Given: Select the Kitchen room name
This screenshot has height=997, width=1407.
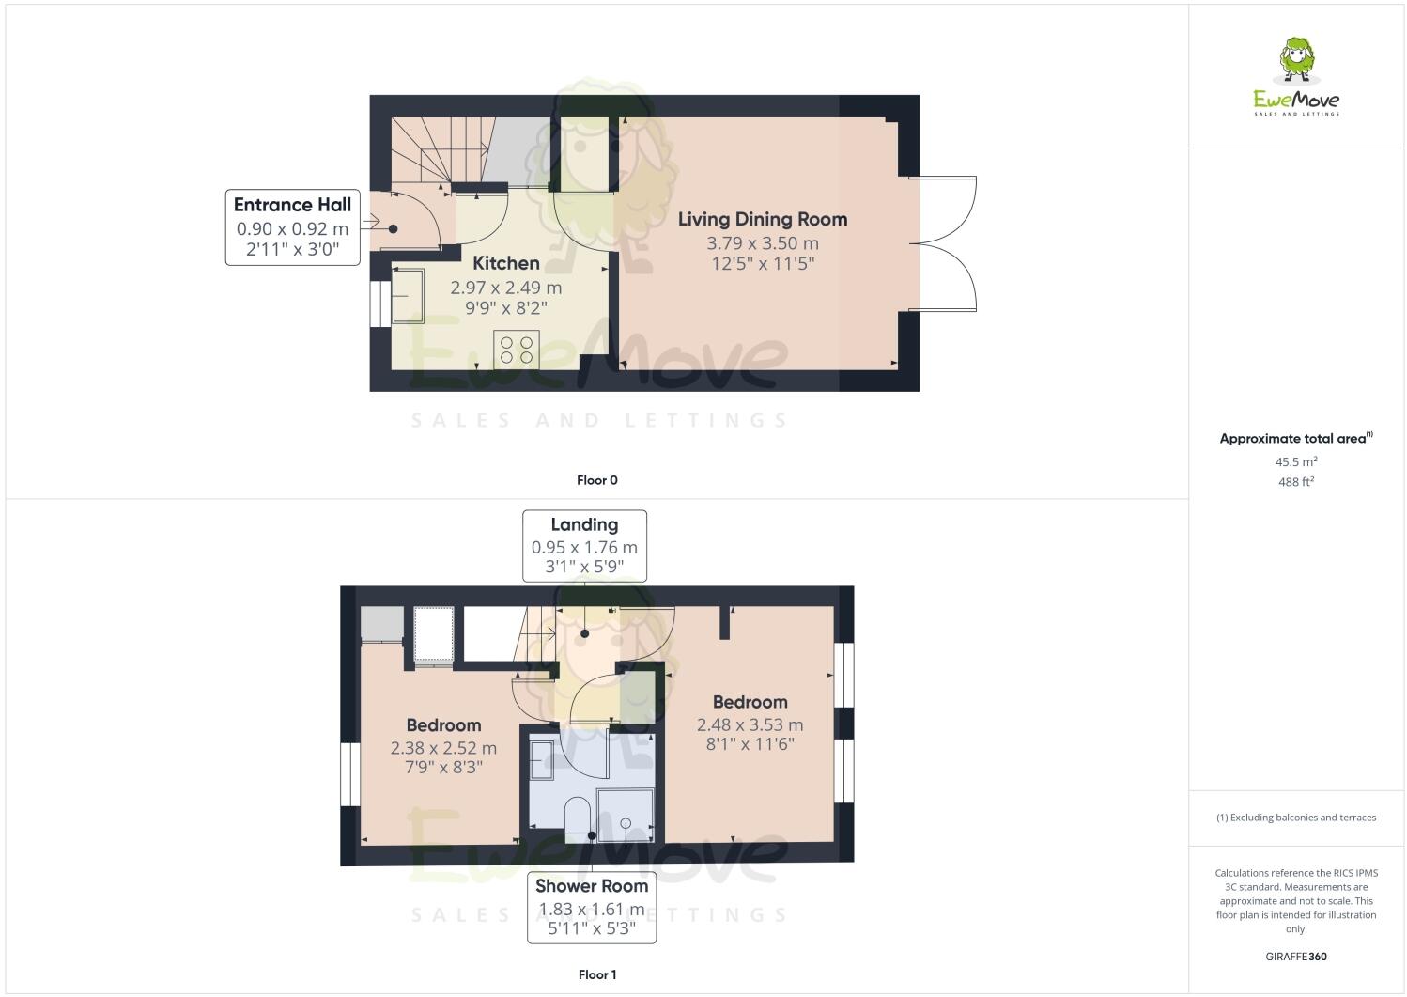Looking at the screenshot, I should click(505, 263).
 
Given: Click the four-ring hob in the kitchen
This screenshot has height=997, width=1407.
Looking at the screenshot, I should click(516, 350).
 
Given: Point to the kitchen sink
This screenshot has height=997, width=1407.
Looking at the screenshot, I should click(409, 295).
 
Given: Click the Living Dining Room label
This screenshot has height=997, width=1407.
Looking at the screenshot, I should click(762, 219).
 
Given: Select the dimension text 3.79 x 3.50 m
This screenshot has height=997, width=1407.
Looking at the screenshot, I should click(762, 243).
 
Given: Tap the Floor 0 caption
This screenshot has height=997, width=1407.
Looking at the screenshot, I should click(596, 480).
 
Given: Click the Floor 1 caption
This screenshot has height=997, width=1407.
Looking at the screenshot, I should click(596, 974).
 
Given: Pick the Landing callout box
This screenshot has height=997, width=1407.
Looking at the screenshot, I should click(584, 546).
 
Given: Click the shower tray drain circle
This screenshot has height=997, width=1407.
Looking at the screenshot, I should click(626, 824).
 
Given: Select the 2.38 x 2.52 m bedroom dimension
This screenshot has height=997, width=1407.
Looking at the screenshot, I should click(443, 749).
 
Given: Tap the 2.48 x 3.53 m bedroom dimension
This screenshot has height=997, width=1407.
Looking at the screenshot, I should click(750, 724).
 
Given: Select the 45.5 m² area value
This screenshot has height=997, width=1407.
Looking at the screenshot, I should click(1295, 461).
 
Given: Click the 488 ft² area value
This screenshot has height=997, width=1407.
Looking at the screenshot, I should click(1295, 482).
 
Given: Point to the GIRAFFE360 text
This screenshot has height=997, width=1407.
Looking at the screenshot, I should click(1295, 957).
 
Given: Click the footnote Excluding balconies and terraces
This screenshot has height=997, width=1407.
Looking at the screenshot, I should click(1295, 818).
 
